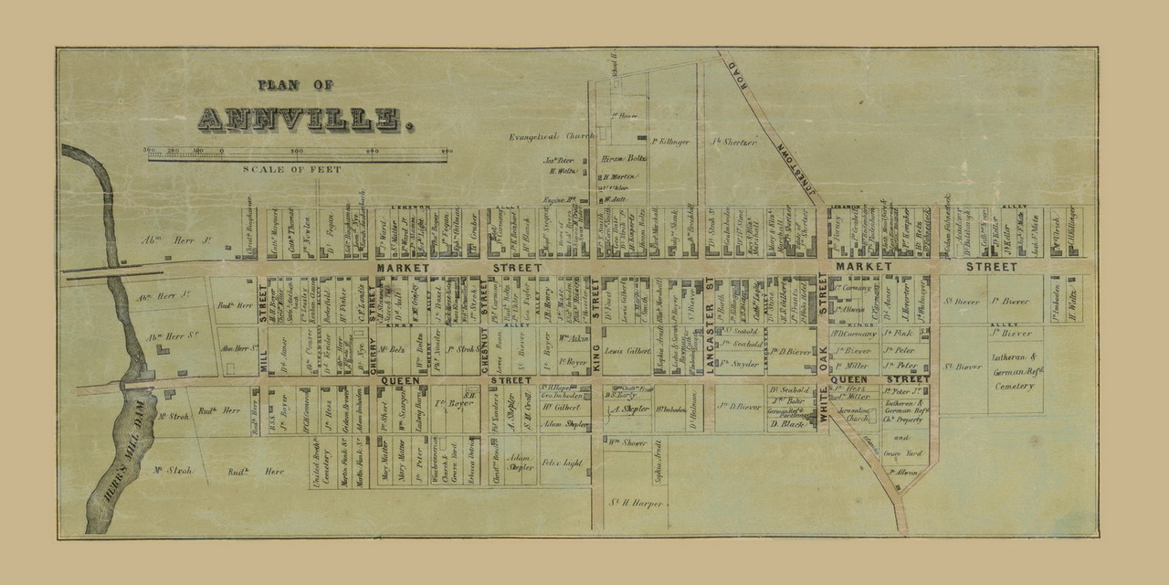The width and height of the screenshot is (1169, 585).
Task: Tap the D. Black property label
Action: [x=786, y=423]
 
